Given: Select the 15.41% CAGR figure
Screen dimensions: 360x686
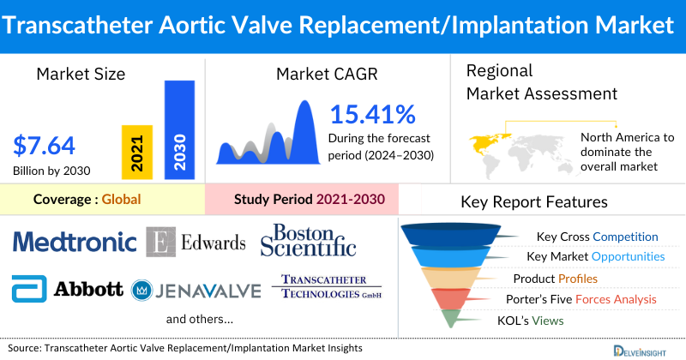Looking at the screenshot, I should (x=372, y=114).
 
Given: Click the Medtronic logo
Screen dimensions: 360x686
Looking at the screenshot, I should (x=75, y=243).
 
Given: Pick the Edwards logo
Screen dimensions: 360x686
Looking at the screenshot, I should (x=196, y=243).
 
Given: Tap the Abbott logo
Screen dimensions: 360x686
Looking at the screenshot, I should (x=69, y=289).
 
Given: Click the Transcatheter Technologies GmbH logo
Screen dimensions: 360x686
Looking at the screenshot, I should (x=325, y=288).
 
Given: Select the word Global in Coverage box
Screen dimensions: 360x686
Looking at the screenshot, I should (x=121, y=200).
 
